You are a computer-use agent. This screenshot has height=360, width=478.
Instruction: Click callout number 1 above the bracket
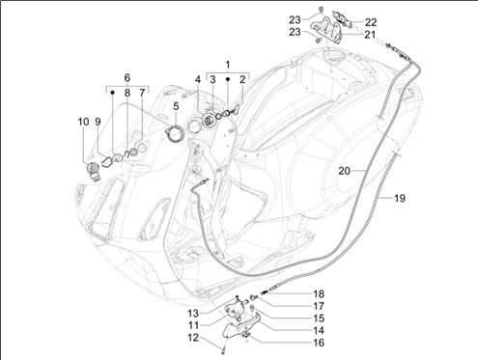pyautogui.click(x=228, y=65)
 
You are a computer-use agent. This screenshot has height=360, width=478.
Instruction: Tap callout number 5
pyautogui.click(x=176, y=106)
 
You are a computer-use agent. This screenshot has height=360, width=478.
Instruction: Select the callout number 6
pyautogui.click(x=127, y=77)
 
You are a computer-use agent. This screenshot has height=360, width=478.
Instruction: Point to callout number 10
pyautogui.click(x=83, y=122)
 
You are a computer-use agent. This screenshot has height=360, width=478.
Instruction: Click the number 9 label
pyautogui.click(x=98, y=122)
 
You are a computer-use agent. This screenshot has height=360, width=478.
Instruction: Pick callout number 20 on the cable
pyautogui.click(x=344, y=171)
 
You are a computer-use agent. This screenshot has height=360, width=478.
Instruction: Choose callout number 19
pyautogui.click(x=400, y=198)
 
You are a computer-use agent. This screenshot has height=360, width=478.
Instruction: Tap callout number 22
pyautogui.click(x=371, y=22)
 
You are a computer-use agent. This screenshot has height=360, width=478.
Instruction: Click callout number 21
pyautogui.click(x=370, y=34)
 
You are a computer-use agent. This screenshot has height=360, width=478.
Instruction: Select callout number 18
pyautogui.click(x=319, y=293)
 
